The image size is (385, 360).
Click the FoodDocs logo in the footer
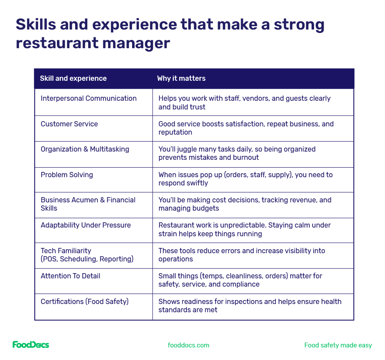coord(31,345)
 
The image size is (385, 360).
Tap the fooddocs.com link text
coord(189,345)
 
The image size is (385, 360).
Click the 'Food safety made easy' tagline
coord(338,345)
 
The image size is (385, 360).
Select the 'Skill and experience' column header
coord(73,79)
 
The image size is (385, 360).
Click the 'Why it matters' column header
coord(181,79)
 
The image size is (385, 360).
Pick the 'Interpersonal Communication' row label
coord(89,99)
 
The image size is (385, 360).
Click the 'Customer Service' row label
coord(69,124)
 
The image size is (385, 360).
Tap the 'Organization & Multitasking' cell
coord(85,149)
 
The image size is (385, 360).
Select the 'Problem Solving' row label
coord(66,175)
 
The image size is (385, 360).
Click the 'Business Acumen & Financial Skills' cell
coord(88,204)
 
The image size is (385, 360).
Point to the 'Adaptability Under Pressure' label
coord(86,225)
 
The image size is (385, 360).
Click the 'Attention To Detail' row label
coord(70,276)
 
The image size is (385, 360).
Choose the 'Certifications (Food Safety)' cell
coord(84,302)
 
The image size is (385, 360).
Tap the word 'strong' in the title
coord(299,24)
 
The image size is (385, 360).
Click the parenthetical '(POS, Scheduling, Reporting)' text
coord(87,259)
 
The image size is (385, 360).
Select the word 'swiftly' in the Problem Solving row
coord(197,183)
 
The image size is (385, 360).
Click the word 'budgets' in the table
coord(206,208)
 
